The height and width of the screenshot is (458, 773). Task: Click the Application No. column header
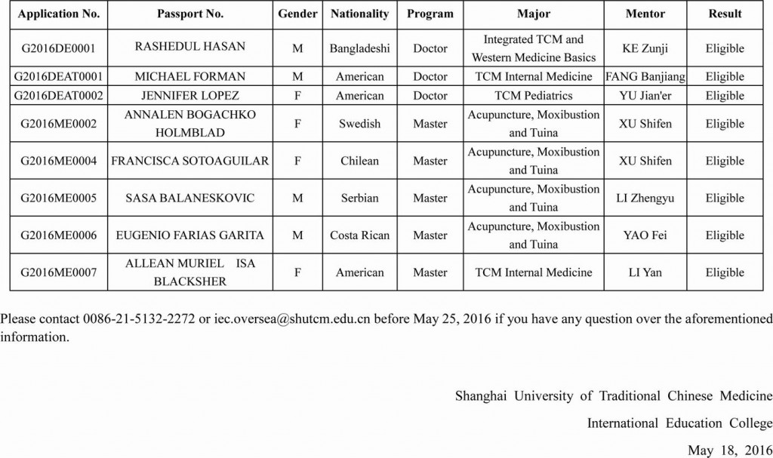pos(59,14)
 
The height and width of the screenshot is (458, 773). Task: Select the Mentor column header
pos(645,14)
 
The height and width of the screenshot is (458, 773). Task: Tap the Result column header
pos(725,14)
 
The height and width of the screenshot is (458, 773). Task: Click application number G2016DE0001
pos(59,48)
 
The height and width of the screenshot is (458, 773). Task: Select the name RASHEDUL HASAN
pos(189,47)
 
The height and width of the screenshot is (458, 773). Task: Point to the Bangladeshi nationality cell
pos(359,48)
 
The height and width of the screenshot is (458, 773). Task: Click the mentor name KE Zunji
pos(645,48)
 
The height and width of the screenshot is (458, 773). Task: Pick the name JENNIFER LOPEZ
pos(189,96)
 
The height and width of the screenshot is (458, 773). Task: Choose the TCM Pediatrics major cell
pos(533,96)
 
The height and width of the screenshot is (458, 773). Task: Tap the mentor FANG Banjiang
pos(645,77)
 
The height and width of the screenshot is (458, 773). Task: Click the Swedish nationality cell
pos(359,124)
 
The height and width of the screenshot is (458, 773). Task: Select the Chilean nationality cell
pos(359,161)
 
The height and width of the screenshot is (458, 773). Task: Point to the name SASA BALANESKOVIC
pos(189,198)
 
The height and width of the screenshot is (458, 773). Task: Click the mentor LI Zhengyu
pos(645,198)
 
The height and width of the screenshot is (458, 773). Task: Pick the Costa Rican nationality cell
pos(359,235)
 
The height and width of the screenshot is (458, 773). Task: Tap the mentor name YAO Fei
pos(645,235)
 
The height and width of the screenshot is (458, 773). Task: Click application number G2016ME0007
pos(59,272)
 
